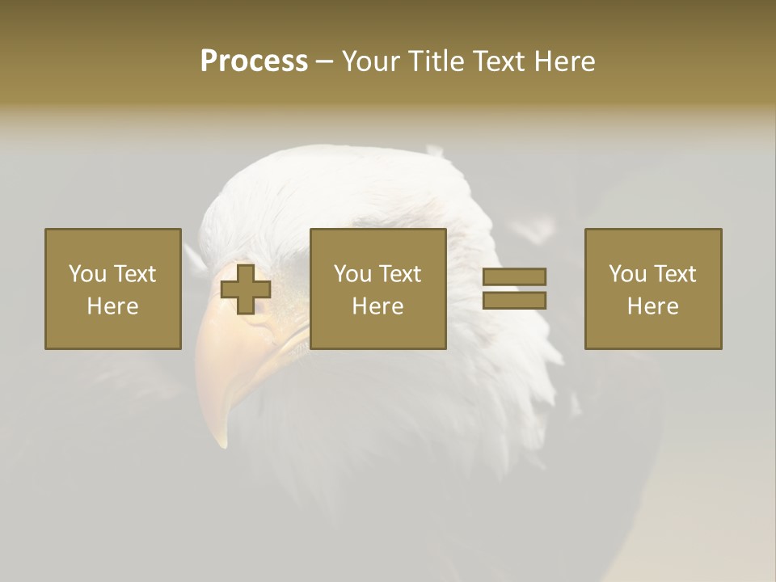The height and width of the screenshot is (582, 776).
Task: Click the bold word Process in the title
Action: (x=254, y=61)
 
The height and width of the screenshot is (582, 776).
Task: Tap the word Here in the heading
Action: (x=564, y=61)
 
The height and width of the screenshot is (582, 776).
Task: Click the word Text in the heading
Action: (x=498, y=61)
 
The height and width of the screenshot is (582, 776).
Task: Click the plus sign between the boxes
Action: (x=246, y=289)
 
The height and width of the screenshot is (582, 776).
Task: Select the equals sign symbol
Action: (x=514, y=289)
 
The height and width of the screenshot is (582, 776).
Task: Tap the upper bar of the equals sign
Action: (x=514, y=277)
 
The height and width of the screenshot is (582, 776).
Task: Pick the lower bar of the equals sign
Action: (x=514, y=300)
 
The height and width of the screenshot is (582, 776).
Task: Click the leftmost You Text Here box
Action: (x=113, y=289)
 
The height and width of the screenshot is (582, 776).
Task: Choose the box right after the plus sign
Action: (x=378, y=289)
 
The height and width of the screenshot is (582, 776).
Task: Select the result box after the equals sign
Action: (x=653, y=289)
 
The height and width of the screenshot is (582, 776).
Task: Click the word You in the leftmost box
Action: (x=87, y=274)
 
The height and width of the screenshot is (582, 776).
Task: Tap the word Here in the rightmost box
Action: (x=653, y=306)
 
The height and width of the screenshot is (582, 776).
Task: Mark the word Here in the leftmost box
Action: (x=113, y=306)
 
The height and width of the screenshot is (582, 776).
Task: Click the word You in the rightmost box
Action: (x=627, y=274)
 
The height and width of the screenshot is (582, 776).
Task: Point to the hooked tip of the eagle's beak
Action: (x=221, y=441)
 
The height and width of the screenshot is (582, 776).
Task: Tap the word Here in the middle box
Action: (x=378, y=306)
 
